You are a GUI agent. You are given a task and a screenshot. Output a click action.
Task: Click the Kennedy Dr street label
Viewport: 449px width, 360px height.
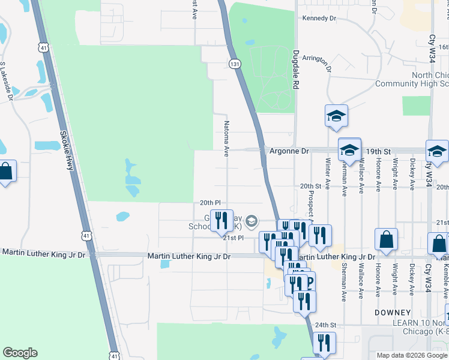[x=319, y=19]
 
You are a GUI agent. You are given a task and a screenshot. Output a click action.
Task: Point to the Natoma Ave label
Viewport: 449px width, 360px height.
[x=227, y=139]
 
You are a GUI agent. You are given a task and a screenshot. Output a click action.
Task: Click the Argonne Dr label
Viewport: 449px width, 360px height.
[x=288, y=151]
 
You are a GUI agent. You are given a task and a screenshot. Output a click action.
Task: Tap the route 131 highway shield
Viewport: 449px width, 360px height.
[x=235, y=63]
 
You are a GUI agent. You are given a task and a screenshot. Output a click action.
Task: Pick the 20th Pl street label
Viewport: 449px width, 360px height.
[x=210, y=203]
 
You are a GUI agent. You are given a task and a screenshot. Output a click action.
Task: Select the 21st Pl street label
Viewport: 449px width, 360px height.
[x=233, y=238]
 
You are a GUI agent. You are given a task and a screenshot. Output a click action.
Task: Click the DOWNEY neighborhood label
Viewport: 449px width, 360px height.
[x=392, y=313]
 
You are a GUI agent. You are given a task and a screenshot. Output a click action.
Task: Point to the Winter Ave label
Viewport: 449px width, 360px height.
[x=327, y=175]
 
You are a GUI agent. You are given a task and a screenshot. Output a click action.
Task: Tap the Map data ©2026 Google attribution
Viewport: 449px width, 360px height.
[x=412, y=355]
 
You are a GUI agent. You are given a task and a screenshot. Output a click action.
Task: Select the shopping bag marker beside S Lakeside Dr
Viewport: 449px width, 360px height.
[x=6, y=172]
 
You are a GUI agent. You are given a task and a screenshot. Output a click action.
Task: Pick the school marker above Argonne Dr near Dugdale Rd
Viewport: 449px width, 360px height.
[x=337, y=116]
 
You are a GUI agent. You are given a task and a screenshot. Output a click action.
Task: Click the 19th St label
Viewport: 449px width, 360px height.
[x=379, y=151]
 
